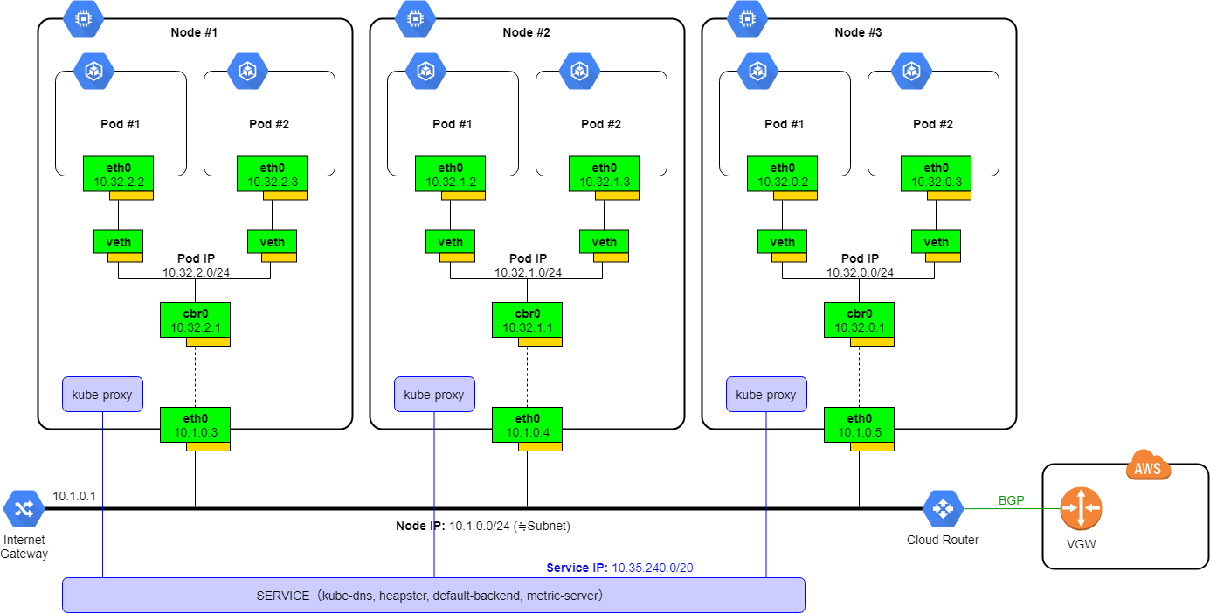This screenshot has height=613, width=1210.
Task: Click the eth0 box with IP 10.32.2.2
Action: (118, 175)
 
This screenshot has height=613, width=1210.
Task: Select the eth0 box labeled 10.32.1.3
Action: (604, 175)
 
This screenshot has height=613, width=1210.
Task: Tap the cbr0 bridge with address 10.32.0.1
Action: (859, 320)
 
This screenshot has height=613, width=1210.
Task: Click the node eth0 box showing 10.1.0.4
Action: (527, 425)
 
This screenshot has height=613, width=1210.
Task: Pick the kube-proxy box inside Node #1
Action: (102, 395)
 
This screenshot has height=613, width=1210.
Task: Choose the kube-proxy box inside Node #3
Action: (766, 395)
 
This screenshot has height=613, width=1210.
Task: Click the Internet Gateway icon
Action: (23, 508)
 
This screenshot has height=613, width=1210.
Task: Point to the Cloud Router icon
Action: (943, 508)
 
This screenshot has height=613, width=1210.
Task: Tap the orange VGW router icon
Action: (1081, 507)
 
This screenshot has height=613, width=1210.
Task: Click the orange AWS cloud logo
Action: (1148, 467)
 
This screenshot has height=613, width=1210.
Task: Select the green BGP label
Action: (1012, 500)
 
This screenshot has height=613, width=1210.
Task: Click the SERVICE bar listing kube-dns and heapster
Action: (433, 596)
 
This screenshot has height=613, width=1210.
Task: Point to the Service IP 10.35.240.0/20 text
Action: (619, 568)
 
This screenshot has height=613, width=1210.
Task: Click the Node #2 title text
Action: (526, 32)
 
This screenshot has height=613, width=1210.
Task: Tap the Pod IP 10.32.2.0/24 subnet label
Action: (196, 265)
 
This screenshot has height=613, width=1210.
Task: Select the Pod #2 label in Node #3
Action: (932, 124)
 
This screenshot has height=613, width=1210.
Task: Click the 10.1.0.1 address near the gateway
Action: (74, 495)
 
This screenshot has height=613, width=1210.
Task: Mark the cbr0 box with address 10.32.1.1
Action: (527, 320)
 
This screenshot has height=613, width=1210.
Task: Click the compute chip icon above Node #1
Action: (83, 17)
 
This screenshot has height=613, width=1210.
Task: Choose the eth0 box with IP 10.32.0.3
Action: (936, 175)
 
